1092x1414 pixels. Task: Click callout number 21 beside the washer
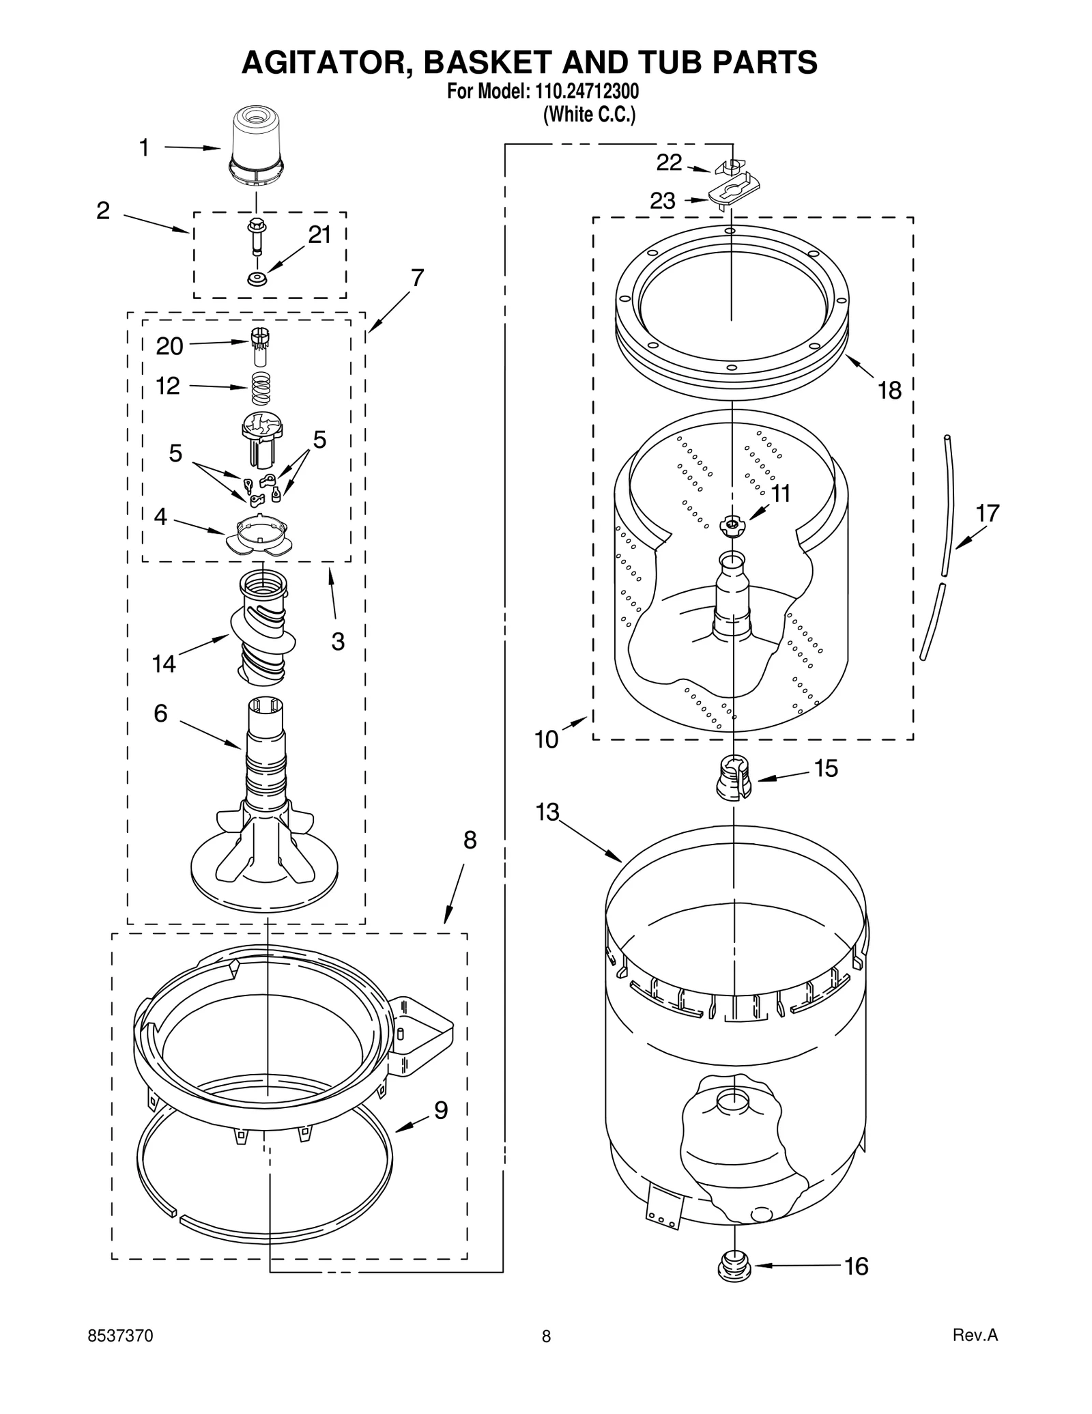pyautogui.click(x=319, y=235)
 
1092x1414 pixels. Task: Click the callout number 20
pyautogui.click(x=169, y=346)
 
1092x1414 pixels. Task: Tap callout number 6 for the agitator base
pyautogui.click(x=160, y=713)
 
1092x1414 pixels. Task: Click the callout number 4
pyautogui.click(x=160, y=517)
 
